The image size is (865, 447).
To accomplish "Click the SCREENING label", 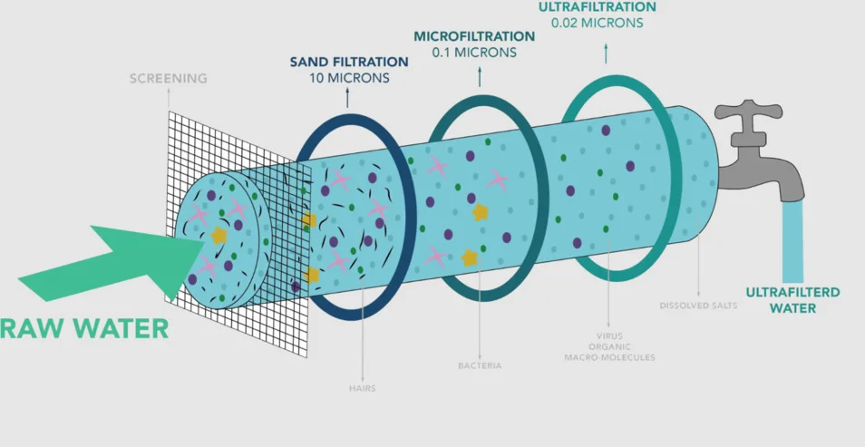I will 168,79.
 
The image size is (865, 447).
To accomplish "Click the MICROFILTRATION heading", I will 474,36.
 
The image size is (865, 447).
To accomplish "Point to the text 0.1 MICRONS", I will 474,53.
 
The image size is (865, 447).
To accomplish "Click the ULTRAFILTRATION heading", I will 597,6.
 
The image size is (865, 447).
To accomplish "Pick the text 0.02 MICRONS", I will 597,22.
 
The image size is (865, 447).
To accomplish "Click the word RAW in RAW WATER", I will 36,327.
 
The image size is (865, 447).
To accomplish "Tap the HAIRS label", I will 361,388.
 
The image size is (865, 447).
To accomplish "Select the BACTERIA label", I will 480,366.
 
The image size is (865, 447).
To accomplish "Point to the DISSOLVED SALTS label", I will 698,306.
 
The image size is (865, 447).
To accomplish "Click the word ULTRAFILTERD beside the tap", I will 792,292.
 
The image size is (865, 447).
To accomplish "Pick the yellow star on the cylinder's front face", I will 219,236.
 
